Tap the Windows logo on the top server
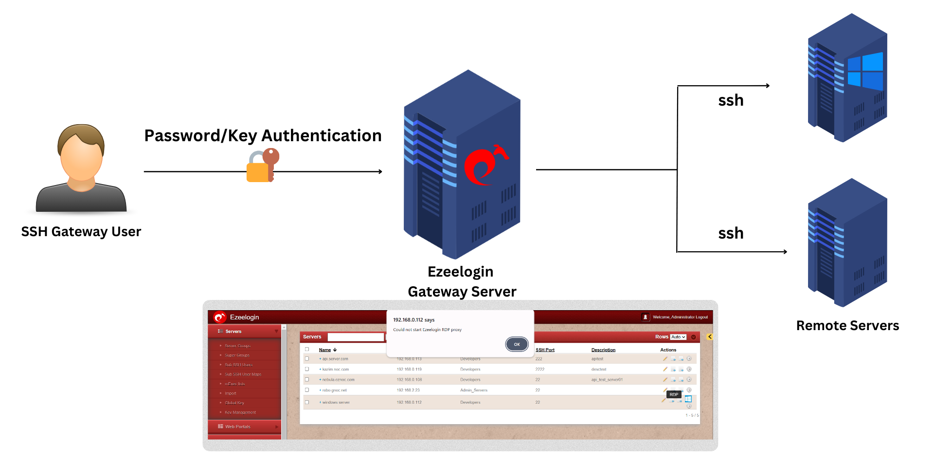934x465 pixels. [x=865, y=71]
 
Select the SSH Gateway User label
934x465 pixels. [x=81, y=232]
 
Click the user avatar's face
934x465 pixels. [x=82, y=158]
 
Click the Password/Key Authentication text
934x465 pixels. [x=263, y=136]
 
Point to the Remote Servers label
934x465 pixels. [x=847, y=326]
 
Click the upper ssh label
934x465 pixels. [x=731, y=101]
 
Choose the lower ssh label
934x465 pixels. [x=731, y=234]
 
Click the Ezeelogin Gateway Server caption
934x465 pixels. [x=462, y=281]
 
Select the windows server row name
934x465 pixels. [x=336, y=403]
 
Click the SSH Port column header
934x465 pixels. [x=545, y=350]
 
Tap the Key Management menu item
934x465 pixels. [x=240, y=412]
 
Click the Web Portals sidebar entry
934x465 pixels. [x=237, y=427]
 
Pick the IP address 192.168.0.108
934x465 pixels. [x=409, y=380]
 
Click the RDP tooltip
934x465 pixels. [x=674, y=394]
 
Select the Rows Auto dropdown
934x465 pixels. [x=678, y=337]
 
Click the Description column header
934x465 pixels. [x=603, y=350]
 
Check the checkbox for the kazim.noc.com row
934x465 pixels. [x=307, y=369]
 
